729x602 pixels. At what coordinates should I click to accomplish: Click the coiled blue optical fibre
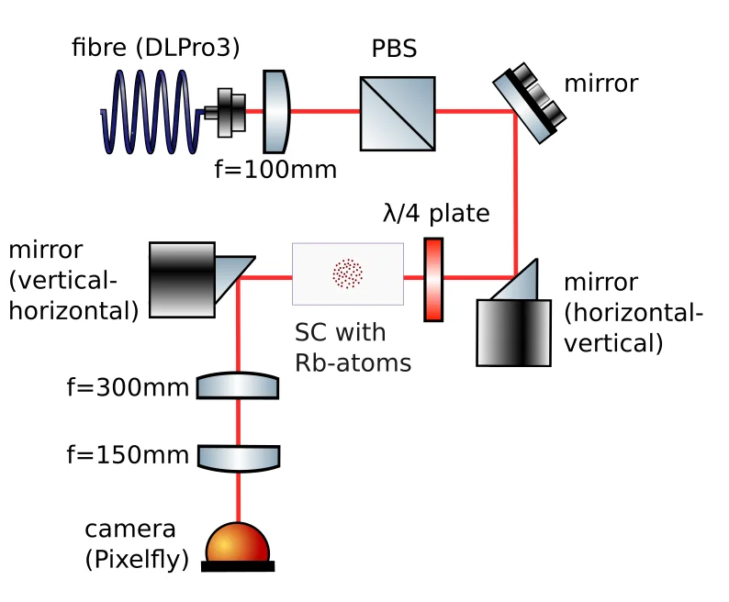(x=151, y=113)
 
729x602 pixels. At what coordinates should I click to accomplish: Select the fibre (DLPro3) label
(x=156, y=48)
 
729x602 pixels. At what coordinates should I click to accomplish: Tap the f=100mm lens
(x=276, y=111)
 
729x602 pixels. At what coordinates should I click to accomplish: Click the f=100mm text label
(x=264, y=170)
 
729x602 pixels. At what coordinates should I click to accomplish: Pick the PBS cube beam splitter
(x=397, y=113)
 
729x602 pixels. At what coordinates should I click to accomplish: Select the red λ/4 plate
(x=433, y=279)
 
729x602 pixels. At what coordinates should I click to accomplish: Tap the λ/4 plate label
(x=435, y=214)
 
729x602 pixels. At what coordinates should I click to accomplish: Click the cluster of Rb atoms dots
(x=347, y=273)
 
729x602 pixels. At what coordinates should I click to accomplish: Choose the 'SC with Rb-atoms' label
(x=353, y=346)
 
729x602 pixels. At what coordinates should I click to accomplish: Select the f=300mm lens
(x=239, y=385)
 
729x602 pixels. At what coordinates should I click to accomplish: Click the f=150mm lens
(x=239, y=456)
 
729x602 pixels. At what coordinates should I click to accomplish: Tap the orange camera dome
(x=238, y=543)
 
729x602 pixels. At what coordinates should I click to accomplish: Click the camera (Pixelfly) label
(x=136, y=544)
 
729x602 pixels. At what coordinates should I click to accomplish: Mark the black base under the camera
(x=238, y=566)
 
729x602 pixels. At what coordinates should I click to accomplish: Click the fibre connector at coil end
(x=227, y=113)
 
